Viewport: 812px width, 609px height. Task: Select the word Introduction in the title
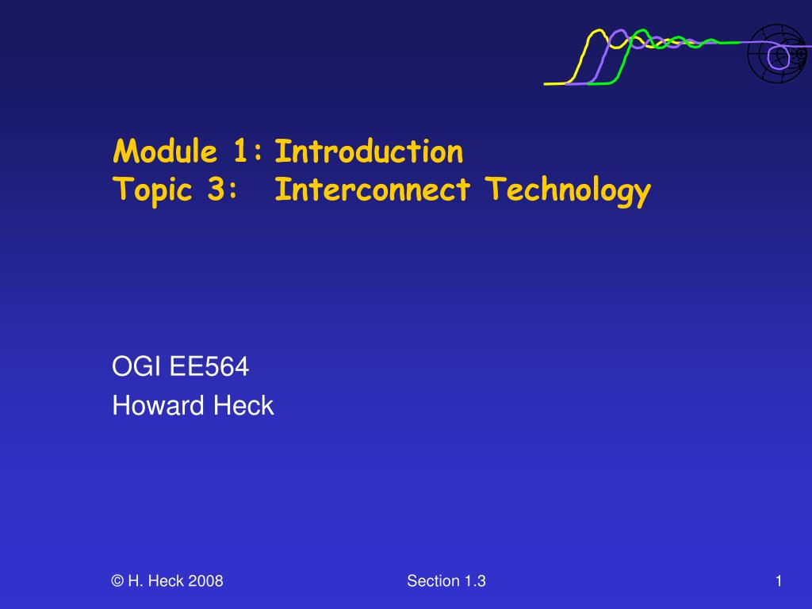point(369,151)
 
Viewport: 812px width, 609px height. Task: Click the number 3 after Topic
point(224,190)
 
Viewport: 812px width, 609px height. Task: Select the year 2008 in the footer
point(208,581)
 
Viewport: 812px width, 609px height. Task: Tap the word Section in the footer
point(434,581)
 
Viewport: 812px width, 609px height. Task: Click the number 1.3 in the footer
point(476,581)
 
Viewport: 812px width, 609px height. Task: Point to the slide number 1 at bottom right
point(779,581)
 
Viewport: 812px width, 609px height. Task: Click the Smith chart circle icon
point(776,52)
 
